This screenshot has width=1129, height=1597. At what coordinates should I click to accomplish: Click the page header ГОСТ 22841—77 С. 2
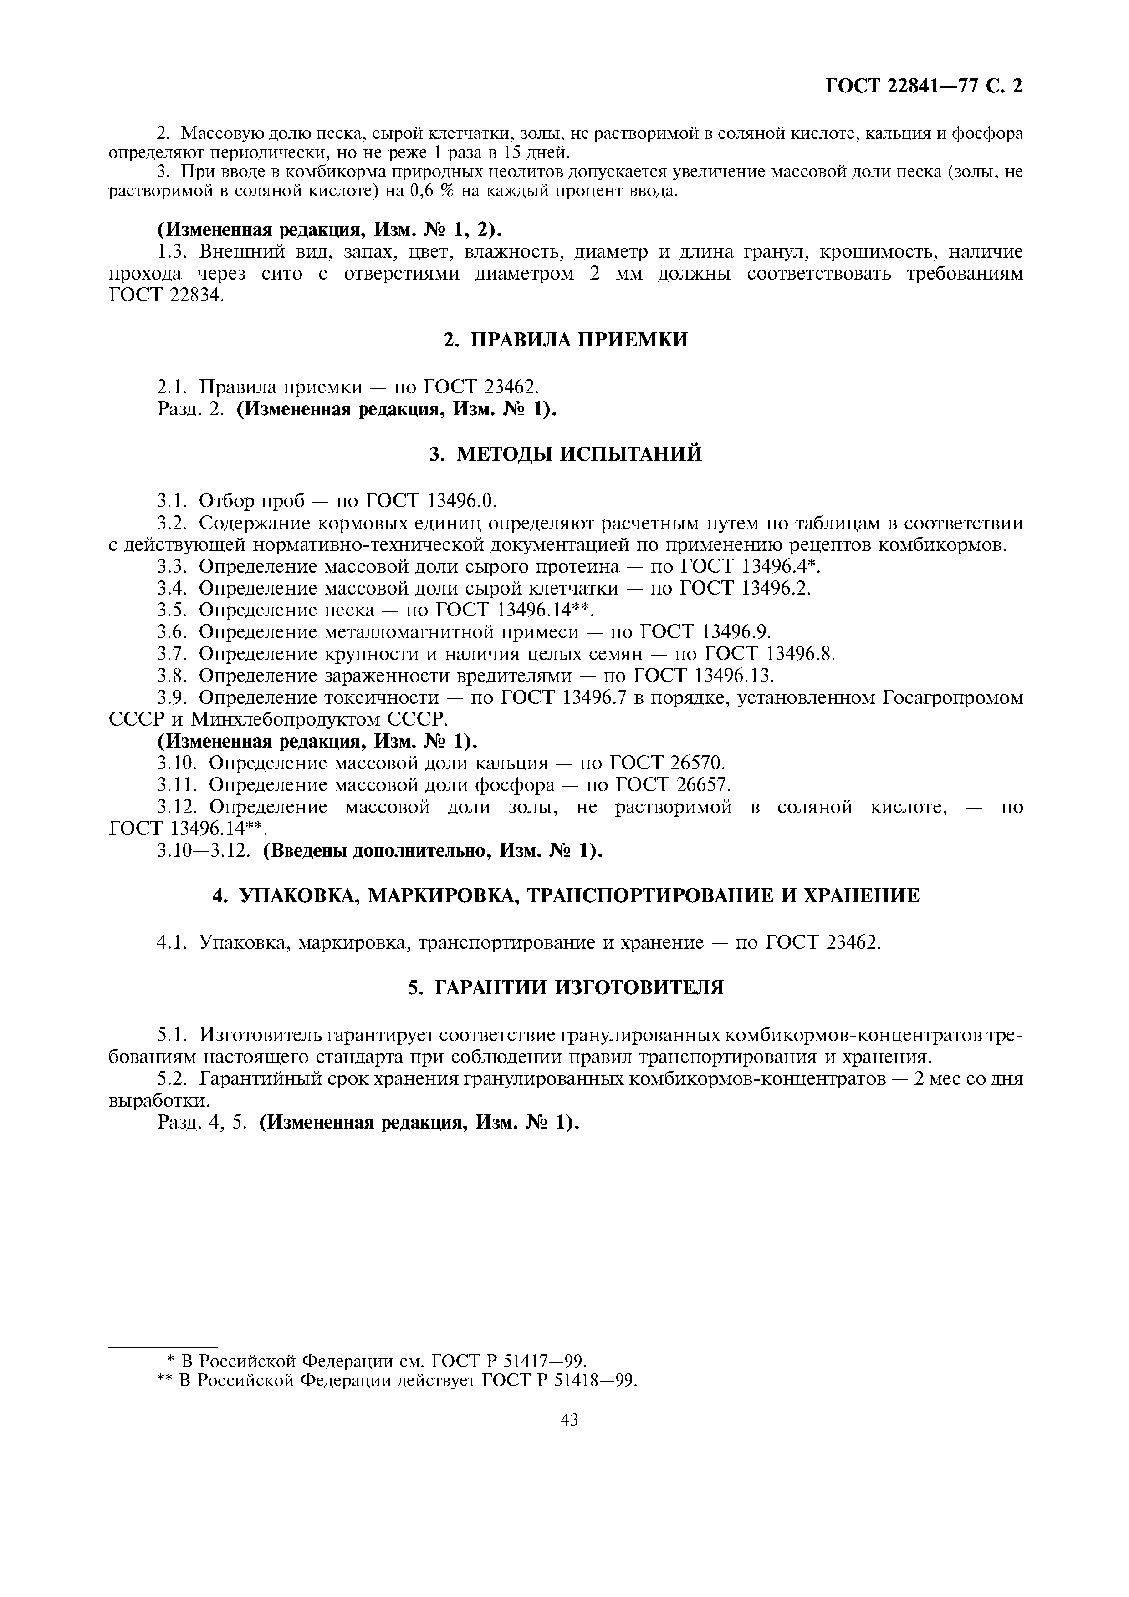924,86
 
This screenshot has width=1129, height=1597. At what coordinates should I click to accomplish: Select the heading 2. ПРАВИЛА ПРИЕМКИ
566,340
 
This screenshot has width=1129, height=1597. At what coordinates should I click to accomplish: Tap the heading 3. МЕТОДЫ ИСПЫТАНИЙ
566,454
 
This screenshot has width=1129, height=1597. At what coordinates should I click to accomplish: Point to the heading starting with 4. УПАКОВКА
566,895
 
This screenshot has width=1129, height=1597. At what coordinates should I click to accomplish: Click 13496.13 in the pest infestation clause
734,676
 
